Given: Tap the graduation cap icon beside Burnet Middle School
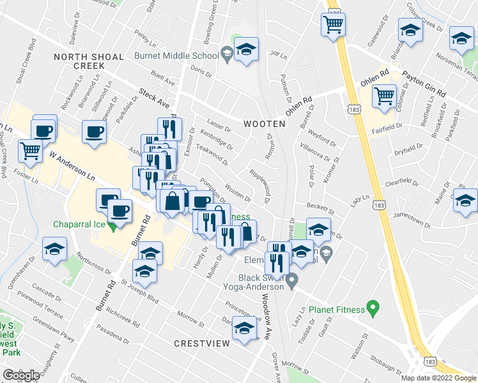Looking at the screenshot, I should (x=245, y=50).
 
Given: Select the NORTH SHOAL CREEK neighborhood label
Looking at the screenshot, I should (x=88, y=61).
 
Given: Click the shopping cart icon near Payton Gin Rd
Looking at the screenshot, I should (x=384, y=96).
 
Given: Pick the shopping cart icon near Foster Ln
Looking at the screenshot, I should (x=30, y=151).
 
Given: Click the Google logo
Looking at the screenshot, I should (x=21, y=375).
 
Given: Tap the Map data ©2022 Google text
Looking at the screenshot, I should (x=438, y=378).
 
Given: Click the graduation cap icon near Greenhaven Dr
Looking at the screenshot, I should (x=55, y=248).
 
